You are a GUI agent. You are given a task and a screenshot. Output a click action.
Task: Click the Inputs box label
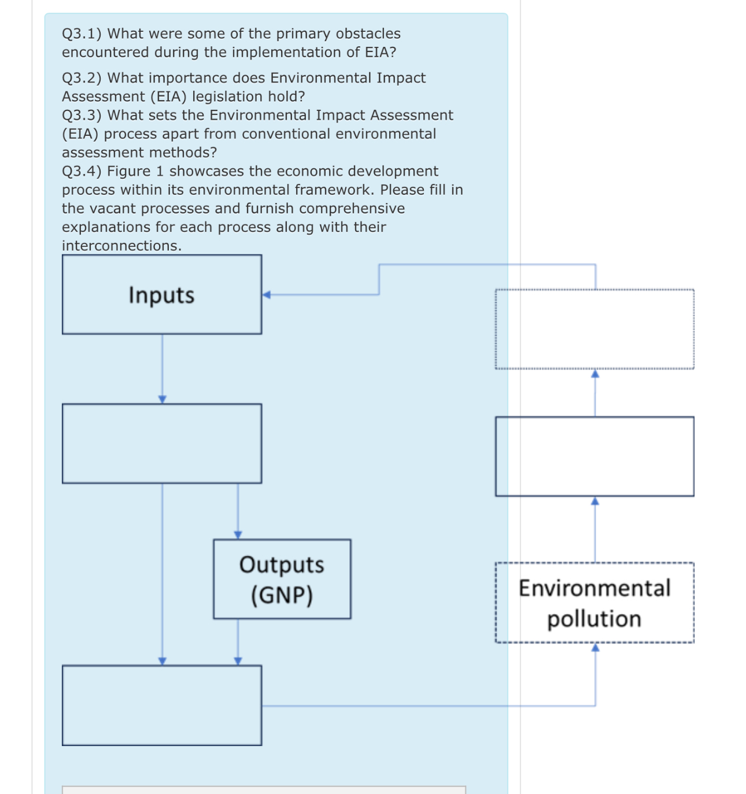(161, 295)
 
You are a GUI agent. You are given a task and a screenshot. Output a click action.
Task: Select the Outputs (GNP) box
(282, 579)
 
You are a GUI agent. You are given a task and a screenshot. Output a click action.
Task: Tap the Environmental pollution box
(594, 603)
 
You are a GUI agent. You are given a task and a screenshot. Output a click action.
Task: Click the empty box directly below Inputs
(162, 444)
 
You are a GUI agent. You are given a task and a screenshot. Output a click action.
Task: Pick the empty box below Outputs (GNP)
(162, 705)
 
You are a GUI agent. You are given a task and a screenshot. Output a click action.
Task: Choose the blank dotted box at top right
(594, 329)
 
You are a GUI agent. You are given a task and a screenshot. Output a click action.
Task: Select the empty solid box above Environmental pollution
(594, 456)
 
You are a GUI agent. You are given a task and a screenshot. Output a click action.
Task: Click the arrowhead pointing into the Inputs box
(267, 295)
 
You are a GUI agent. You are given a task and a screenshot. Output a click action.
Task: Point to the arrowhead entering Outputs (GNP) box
(238, 535)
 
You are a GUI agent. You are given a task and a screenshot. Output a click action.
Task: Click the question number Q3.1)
(82, 34)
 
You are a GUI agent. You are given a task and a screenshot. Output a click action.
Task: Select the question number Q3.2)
(82, 78)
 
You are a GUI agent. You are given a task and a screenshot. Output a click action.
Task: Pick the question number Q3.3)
(82, 115)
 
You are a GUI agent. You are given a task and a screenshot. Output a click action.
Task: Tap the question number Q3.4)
(82, 171)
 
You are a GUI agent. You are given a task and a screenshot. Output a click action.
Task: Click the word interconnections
(121, 246)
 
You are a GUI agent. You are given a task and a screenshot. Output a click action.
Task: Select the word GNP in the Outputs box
(282, 594)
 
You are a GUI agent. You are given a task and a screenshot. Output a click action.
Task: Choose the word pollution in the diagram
(594, 619)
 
